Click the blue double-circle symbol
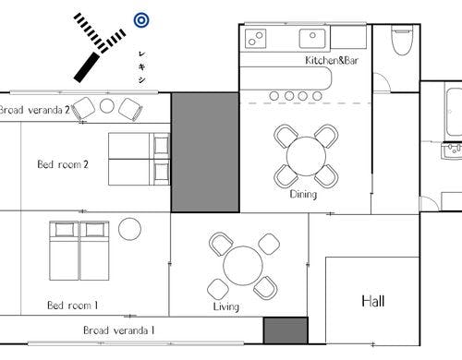(141, 20)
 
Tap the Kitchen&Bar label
(332, 60)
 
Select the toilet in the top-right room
(402, 41)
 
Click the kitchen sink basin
(312, 38)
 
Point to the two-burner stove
(255, 39)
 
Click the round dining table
(306, 156)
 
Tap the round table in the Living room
(243, 266)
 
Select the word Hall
(373, 301)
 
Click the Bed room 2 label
(63, 164)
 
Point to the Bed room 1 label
(72, 306)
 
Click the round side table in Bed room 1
(129, 229)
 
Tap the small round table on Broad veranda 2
(107, 106)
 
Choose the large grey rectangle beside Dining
(205, 152)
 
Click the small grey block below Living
(286, 330)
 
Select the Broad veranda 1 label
(118, 330)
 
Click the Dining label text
(303, 195)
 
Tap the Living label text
(226, 306)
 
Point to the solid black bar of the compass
(87, 67)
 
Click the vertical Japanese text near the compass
(141, 66)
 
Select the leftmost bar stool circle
(274, 96)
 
